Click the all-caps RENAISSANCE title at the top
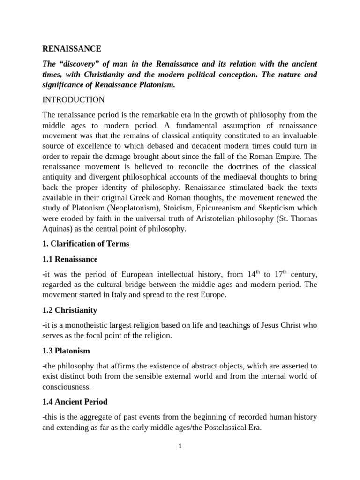tap(71, 48)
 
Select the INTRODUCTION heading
tap(73, 100)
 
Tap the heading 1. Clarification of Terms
tap(86, 243)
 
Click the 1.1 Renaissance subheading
tap(70, 259)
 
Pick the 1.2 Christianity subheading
tap(69, 310)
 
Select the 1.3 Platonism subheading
tap(66, 350)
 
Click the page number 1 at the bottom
tap(180, 446)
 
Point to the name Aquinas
tap(57, 229)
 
